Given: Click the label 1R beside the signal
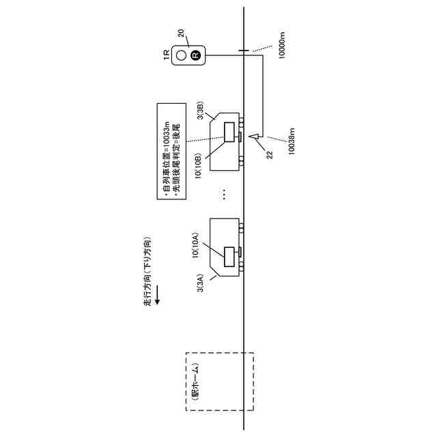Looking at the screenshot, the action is (166, 55).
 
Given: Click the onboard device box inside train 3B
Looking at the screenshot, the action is (229, 132).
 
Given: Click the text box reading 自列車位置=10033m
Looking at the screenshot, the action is (171, 151).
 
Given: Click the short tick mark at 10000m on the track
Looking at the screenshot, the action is (244, 50).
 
